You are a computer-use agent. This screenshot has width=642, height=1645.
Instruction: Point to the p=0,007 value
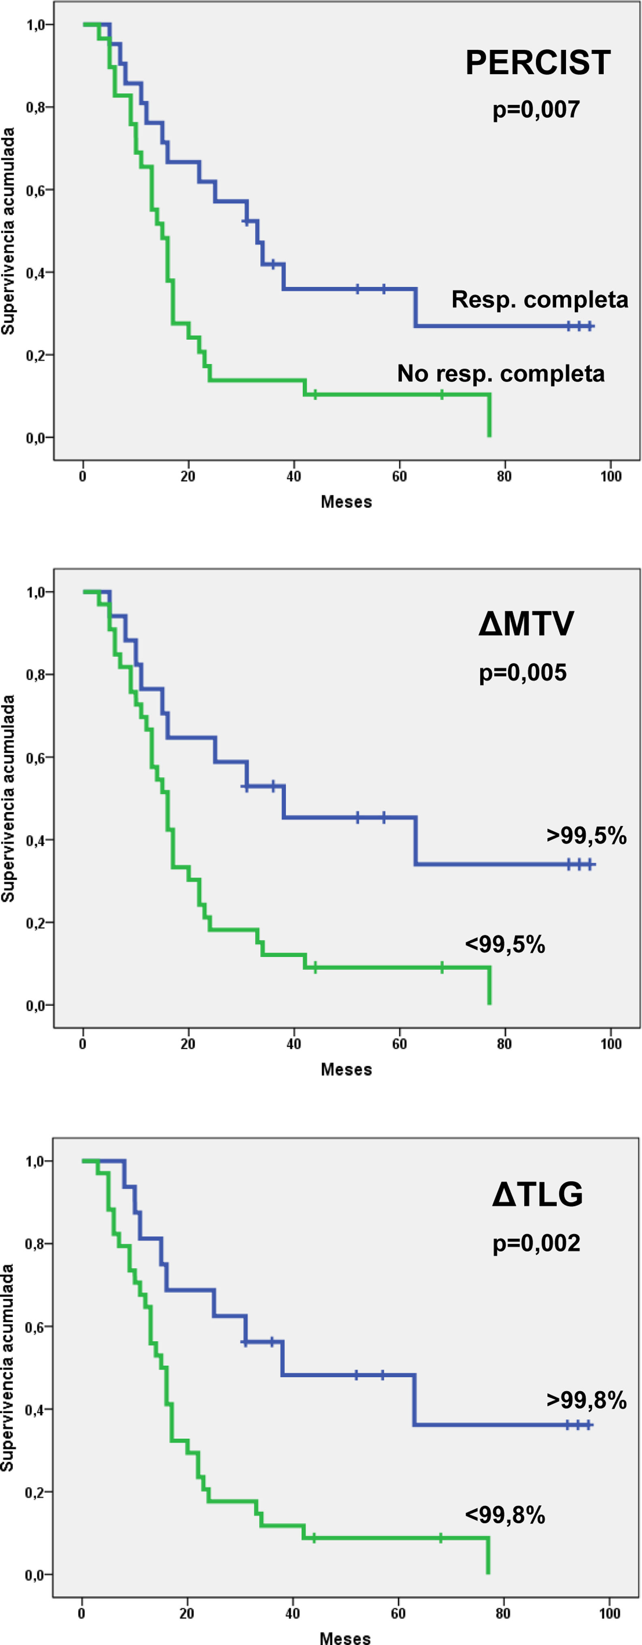click(536, 109)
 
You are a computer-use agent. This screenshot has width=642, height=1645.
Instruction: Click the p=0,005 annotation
click(522, 672)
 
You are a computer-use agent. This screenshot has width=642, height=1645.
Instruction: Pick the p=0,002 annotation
click(536, 1243)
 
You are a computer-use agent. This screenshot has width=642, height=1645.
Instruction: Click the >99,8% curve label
click(586, 1401)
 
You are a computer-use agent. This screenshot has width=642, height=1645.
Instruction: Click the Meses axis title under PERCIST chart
click(346, 501)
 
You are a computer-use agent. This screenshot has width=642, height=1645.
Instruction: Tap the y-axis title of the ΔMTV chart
click(8, 799)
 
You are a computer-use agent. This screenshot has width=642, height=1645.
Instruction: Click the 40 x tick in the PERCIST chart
click(293, 476)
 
